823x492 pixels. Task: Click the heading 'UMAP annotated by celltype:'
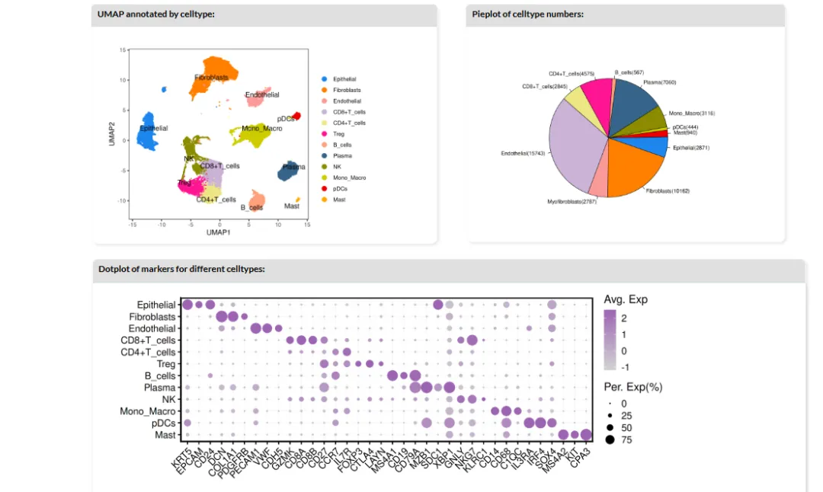[156, 14]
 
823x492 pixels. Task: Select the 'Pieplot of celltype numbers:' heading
[527, 14]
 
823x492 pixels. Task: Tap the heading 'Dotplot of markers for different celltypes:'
[181, 269]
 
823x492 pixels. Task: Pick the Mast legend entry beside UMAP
[339, 200]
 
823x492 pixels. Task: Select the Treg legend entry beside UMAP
[338, 134]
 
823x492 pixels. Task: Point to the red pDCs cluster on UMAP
[297, 115]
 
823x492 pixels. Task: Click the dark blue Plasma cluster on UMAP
[287, 171]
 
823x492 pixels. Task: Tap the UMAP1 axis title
[219, 232]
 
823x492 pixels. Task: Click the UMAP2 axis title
[112, 134]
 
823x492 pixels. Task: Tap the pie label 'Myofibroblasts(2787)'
[572, 202]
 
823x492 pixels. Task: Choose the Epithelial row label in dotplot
[156, 305]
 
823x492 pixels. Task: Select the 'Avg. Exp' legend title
[626, 299]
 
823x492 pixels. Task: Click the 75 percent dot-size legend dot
[611, 439]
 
